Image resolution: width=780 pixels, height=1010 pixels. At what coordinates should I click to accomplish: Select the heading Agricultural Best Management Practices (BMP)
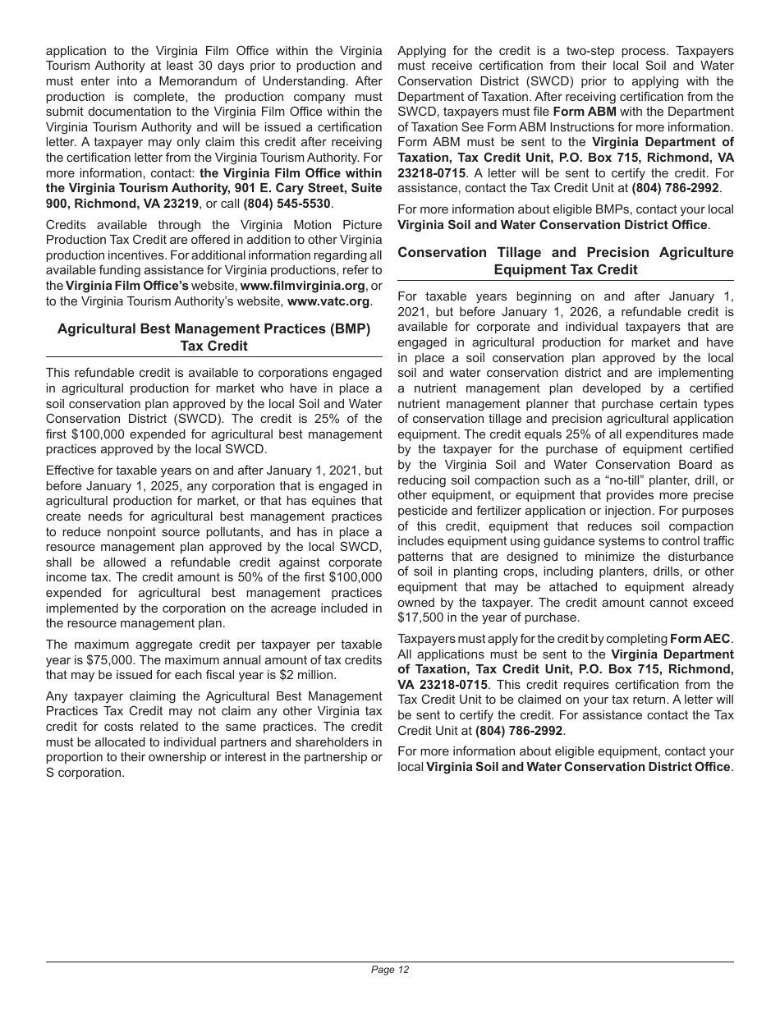(213, 328)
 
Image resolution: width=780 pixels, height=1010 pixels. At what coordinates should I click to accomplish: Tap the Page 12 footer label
(390, 970)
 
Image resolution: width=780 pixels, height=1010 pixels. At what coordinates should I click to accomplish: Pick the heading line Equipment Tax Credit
(565, 269)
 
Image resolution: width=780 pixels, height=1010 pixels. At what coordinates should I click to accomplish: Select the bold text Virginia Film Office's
(127, 286)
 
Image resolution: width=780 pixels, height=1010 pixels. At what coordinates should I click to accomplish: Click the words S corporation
(85, 774)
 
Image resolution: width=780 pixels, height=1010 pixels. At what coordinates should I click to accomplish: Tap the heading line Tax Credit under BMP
(213, 346)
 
